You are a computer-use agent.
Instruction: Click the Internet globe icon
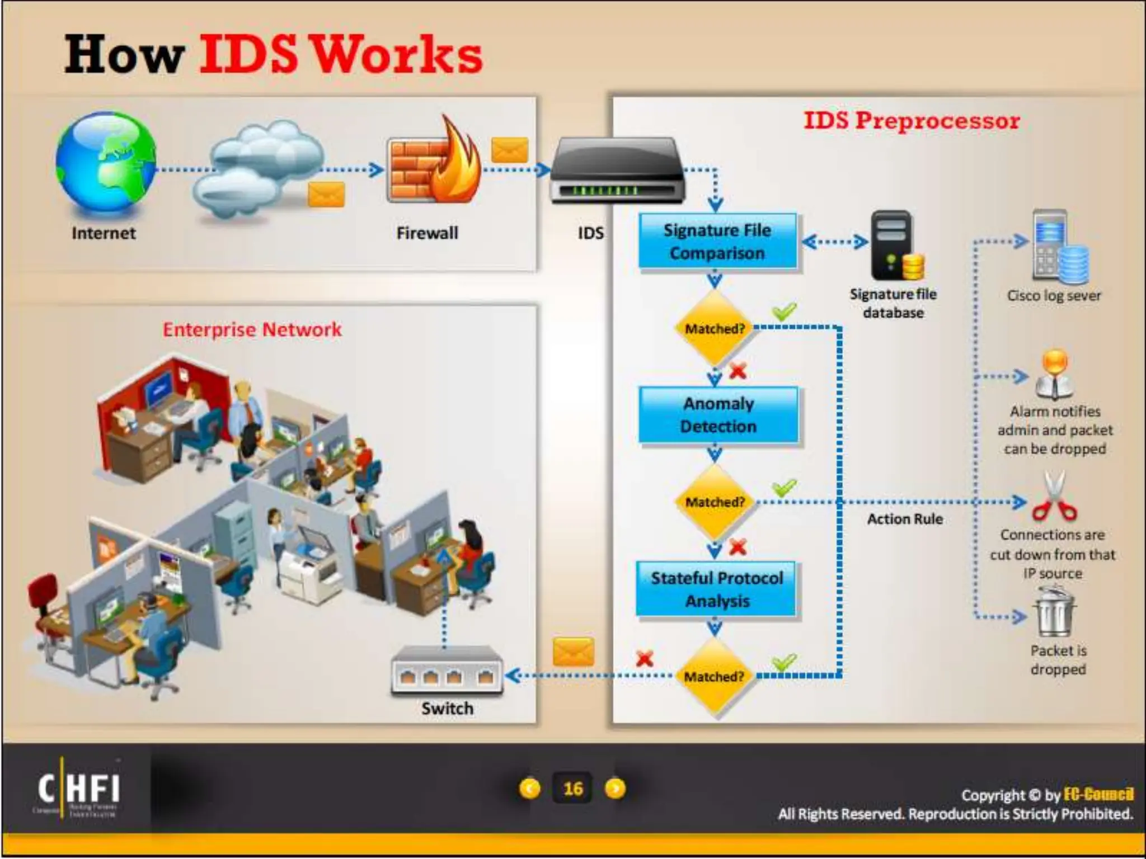pos(106,163)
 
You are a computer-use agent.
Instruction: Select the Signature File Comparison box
pos(717,242)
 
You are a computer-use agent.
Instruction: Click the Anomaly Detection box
pos(718,415)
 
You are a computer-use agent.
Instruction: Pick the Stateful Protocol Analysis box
pos(716,589)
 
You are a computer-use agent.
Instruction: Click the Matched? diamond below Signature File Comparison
pos(715,328)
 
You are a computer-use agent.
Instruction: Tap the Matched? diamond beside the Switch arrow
pos(715,676)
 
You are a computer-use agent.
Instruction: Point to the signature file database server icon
pos(894,246)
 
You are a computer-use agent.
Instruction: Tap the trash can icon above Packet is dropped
pos(1055,612)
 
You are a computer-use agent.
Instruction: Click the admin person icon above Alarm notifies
pos(1054,375)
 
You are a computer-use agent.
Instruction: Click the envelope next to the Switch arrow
pos(573,652)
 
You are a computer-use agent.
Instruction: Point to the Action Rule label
pos(905,519)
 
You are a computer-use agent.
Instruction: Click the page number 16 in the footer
pos(572,789)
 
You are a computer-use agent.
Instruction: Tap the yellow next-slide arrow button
pos(615,789)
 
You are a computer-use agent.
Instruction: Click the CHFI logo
pos(78,789)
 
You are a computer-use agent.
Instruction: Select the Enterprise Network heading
pos(252,329)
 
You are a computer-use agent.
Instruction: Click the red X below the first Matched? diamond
pos(738,370)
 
